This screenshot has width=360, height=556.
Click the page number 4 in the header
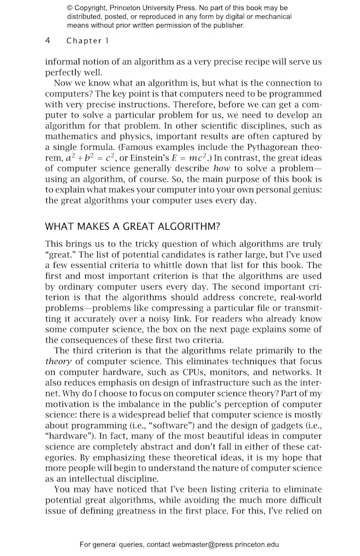tap(47, 41)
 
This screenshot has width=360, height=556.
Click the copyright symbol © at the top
tap(70, 8)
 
